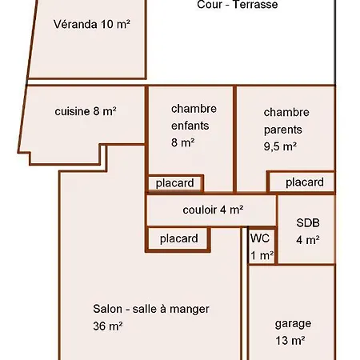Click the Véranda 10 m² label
[x=92, y=24]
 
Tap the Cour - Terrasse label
[x=238, y=5]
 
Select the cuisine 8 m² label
[x=86, y=111]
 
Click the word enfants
[x=190, y=126]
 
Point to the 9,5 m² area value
[x=280, y=146]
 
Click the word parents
[x=283, y=130]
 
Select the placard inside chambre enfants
[x=174, y=183]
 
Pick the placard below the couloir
[x=179, y=238]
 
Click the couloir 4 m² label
[x=213, y=210]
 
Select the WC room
[x=262, y=246]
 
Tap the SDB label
[x=308, y=222]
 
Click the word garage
[x=293, y=324]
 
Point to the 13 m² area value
[x=290, y=341]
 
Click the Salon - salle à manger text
[x=151, y=309]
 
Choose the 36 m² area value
[x=108, y=326]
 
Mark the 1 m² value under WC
[x=262, y=255]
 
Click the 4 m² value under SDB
[x=308, y=240]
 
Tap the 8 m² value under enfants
[x=182, y=142]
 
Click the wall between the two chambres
[x=234, y=138]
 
